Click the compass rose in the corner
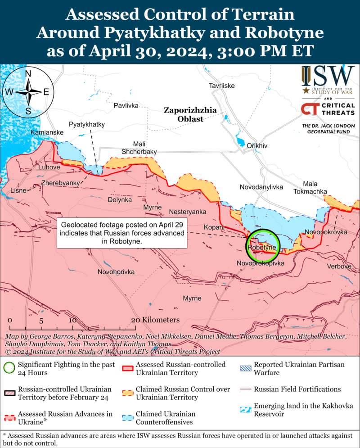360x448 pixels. (x=28, y=92)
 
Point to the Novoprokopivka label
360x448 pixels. (x=261, y=263)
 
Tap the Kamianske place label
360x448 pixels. (x=47, y=133)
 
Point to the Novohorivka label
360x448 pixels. (x=116, y=272)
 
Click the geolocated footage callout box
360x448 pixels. (x=122, y=233)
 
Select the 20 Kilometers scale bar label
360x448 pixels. (x=155, y=320)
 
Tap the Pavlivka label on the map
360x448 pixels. (x=126, y=105)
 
